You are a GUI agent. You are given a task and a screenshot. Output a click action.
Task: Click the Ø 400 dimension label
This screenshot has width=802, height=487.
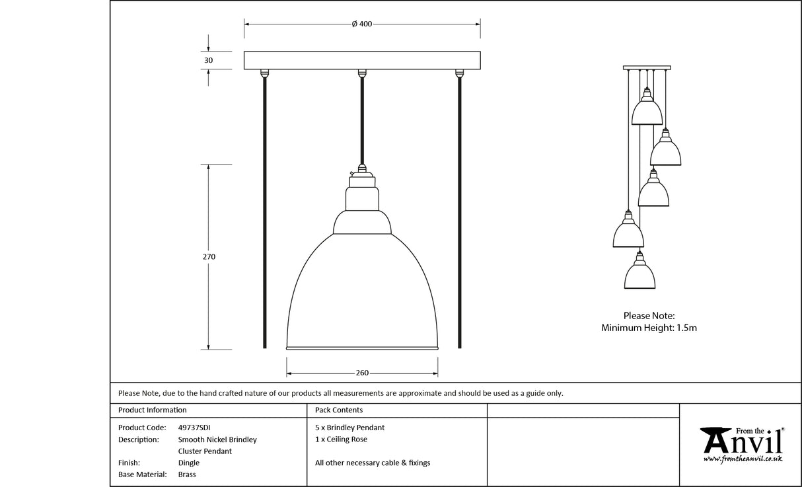362,24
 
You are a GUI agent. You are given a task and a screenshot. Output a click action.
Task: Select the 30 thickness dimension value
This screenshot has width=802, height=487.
209,60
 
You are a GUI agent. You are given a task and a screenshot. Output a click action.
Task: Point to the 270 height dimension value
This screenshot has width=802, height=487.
209,256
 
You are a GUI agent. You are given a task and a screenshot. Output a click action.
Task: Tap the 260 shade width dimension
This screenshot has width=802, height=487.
362,373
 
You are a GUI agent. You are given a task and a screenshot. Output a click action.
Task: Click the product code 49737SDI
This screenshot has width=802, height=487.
195,428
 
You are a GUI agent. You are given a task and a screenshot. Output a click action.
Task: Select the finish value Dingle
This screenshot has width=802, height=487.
188,463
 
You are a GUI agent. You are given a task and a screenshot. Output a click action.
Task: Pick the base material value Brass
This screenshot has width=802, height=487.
187,474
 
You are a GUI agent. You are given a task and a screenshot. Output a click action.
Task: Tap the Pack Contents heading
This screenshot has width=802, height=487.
339,410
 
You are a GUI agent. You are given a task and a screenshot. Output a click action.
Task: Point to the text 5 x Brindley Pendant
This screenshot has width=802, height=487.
349,428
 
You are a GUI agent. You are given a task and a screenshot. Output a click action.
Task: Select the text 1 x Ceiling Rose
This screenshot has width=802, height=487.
341,439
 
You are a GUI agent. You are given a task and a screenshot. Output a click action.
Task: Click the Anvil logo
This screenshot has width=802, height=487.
742,439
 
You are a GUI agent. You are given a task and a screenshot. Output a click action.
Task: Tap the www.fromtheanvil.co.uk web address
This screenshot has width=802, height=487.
743,459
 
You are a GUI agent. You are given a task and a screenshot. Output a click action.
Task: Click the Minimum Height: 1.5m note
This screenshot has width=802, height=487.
649,328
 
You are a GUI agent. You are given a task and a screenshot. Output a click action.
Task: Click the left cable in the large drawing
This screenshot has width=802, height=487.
265,211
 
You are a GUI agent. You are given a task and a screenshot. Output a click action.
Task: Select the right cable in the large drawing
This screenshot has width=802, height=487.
459,211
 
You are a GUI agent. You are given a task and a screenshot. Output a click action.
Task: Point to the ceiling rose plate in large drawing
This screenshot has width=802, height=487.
362,60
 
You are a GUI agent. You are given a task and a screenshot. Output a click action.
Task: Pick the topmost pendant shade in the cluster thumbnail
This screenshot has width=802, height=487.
647,112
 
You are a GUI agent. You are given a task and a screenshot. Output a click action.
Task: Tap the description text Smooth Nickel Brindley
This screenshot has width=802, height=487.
217,439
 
